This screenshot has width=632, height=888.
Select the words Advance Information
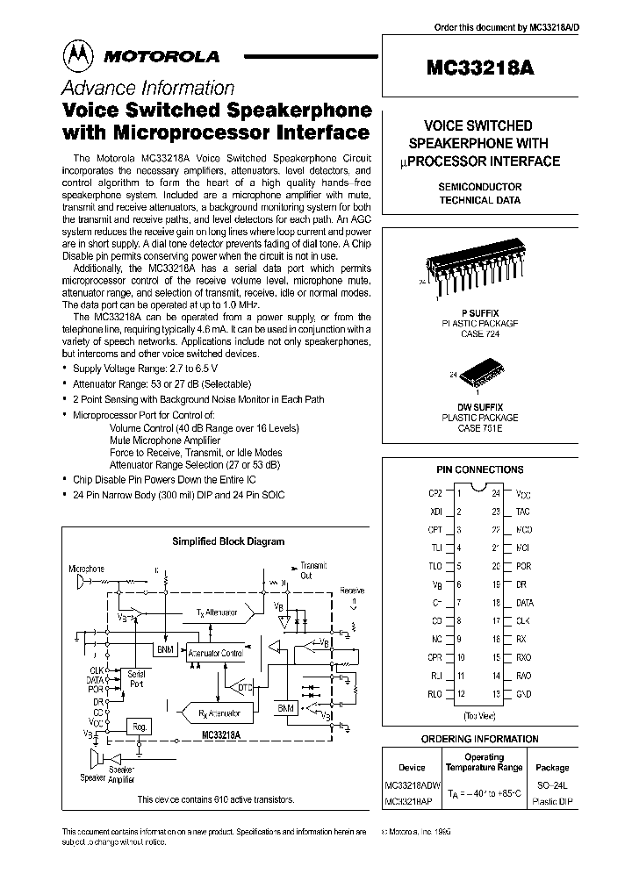pos(147,89)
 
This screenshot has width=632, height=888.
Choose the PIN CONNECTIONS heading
pos(479,469)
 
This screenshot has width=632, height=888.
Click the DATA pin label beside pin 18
pos(524,603)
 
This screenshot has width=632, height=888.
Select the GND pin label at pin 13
pos(523,695)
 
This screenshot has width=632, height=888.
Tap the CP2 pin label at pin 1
pos(434,493)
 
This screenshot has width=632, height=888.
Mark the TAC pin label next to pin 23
pos(523,512)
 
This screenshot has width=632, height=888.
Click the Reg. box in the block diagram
pos(139,726)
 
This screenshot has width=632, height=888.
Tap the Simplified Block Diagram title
pos(227,541)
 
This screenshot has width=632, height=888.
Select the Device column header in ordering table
pos(411,767)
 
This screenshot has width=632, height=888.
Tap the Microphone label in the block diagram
pos(87,569)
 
